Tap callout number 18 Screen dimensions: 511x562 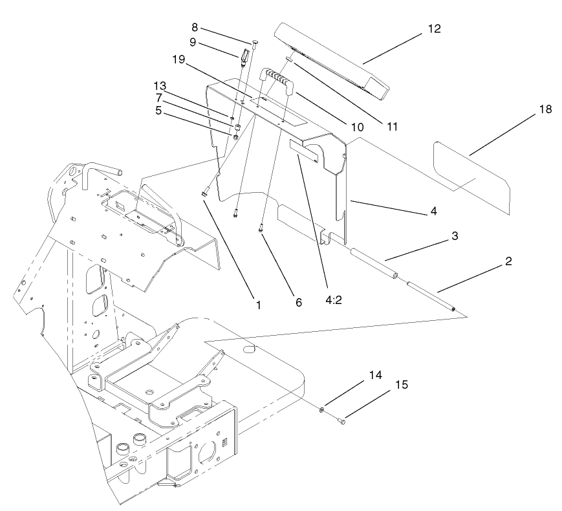point(545,109)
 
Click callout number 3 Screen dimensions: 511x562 point(455,236)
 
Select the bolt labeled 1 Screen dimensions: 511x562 point(205,191)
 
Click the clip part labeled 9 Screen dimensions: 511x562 point(245,58)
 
